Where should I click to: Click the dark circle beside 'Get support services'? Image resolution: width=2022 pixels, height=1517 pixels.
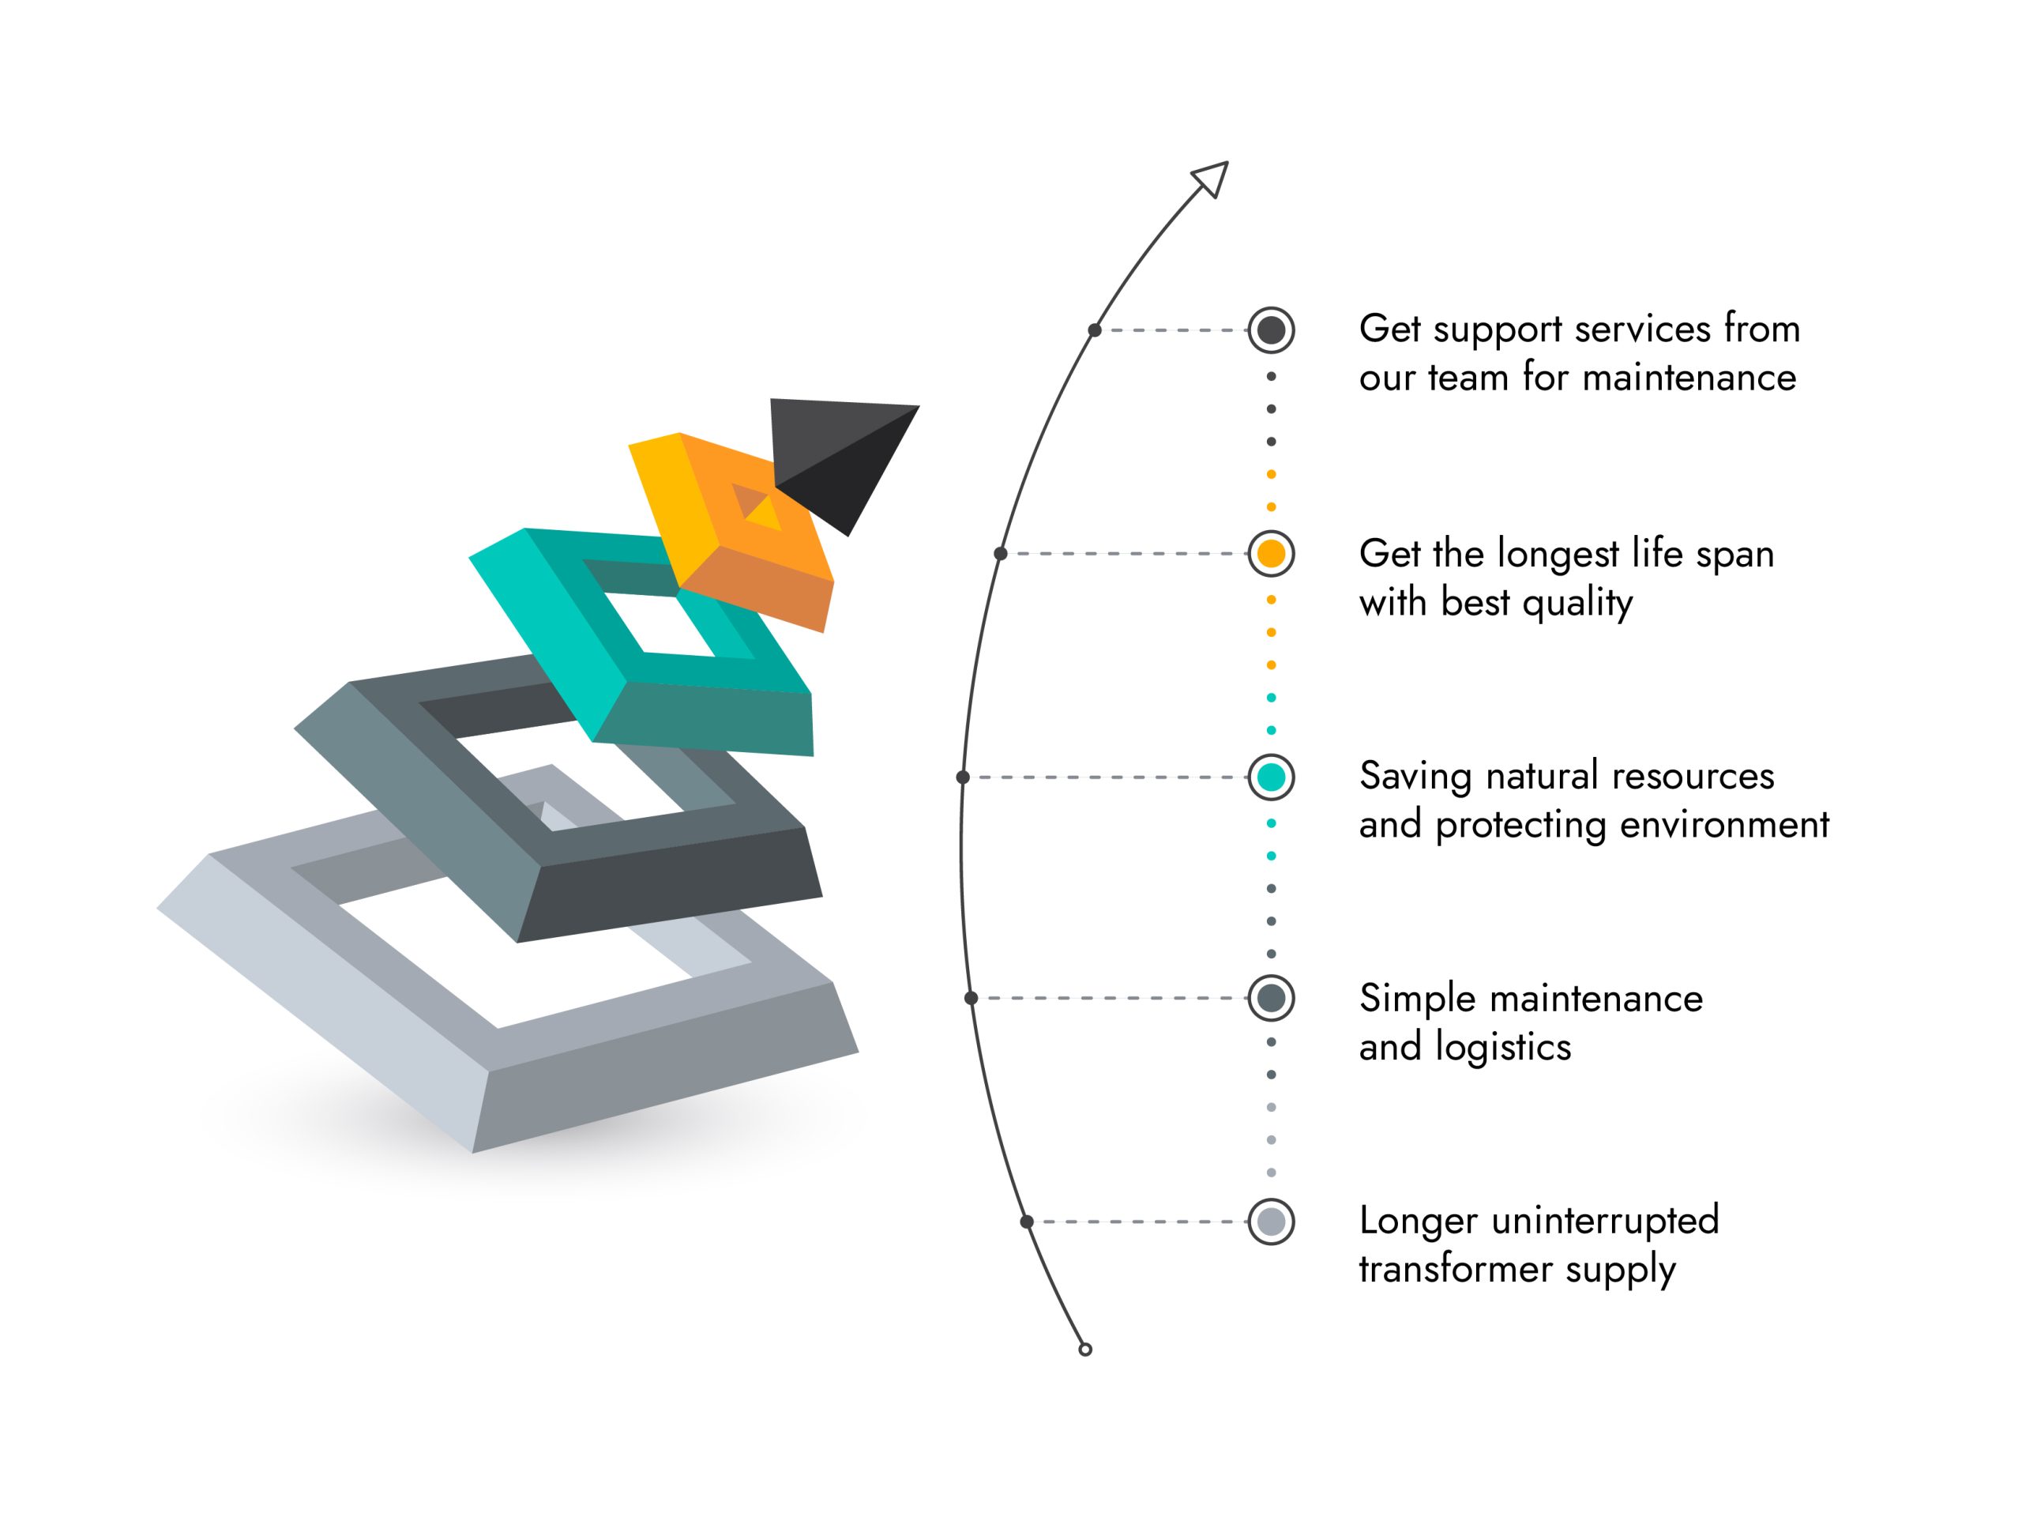(1271, 330)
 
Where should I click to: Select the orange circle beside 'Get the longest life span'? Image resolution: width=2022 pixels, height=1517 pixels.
(1271, 553)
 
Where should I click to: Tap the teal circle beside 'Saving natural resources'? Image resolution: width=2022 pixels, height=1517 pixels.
(1271, 777)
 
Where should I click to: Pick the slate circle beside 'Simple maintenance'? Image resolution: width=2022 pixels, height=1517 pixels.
(1271, 998)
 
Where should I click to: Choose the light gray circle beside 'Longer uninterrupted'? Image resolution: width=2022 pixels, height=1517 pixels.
(1271, 1222)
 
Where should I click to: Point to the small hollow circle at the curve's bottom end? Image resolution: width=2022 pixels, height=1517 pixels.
(1085, 1349)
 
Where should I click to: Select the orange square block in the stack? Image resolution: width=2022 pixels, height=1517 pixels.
(731, 530)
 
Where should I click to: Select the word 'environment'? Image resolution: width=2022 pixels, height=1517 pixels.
(1725, 825)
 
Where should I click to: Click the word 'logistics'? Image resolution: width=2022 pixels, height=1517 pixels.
(1503, 1048)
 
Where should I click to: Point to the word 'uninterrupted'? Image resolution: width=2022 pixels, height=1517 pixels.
(1605, 1221)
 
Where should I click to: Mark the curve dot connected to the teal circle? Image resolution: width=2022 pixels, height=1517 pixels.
(963, 777)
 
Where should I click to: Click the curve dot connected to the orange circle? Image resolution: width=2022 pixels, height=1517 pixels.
(1001, 553)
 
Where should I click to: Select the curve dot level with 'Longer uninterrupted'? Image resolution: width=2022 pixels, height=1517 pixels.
(1027, 1222)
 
